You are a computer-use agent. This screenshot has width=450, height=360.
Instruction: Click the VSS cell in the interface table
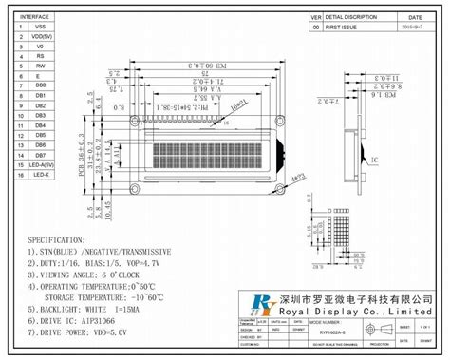pos(41,28)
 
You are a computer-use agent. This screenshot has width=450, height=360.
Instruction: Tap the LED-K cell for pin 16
pos(41,174)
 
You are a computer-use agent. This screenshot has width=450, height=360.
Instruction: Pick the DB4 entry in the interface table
pos(41,125)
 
